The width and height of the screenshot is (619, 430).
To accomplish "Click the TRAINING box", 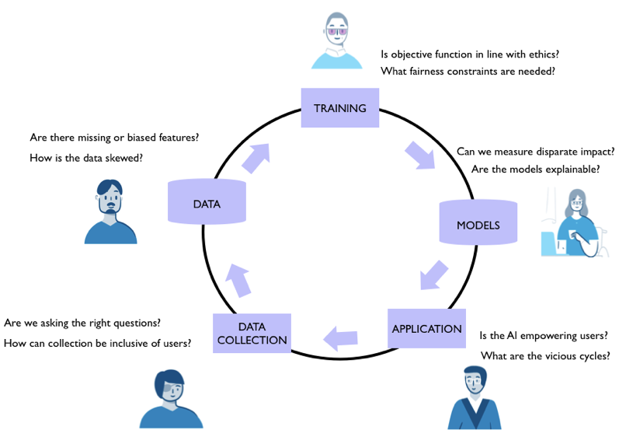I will pos(339,108).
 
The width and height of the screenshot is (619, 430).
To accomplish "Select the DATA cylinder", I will pos(207,204).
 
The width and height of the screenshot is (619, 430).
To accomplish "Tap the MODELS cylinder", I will pos(478,225).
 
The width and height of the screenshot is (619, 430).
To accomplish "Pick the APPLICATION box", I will pos(426,329).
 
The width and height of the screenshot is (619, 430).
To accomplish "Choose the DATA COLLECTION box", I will pos(252,334).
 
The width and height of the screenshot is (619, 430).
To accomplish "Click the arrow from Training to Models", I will pos(422,152).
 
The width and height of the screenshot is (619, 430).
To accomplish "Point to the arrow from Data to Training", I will pos(256,156).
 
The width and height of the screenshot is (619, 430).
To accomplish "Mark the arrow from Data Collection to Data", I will pos(238,278).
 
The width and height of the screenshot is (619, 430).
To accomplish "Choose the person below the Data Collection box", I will pos(170,398).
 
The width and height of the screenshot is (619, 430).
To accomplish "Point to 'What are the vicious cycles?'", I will pos(544,357).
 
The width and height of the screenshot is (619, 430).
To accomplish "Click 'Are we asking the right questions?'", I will pos(88,323).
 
